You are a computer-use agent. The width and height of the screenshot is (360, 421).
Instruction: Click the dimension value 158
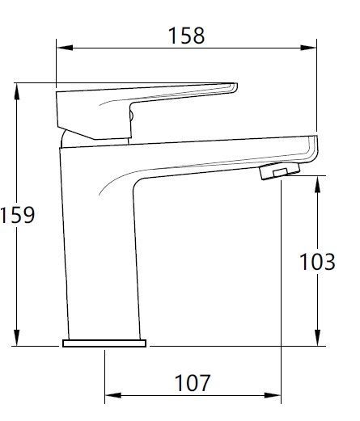click(x=186, y=36)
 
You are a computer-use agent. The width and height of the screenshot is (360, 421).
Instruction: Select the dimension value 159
click(x=17, y=215)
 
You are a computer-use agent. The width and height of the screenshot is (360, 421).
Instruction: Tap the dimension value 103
click(x=317, y=262)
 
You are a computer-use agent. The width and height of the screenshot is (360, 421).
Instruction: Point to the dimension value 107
click(x=192, y=383)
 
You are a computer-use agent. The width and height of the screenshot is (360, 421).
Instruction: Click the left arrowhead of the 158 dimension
click(x=65, y=48)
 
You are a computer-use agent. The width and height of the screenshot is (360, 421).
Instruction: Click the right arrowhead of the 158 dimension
click(x=308, y=48)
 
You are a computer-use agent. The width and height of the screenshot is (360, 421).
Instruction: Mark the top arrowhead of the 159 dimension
click(x=17, y=91)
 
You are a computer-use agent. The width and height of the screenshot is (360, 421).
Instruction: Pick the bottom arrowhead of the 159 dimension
click(x=17, y=338)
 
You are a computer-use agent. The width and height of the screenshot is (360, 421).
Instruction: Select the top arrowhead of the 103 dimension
click(x=317, y=184)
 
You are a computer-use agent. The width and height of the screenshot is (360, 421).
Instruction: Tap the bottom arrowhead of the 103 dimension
click(x=317, y=338)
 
